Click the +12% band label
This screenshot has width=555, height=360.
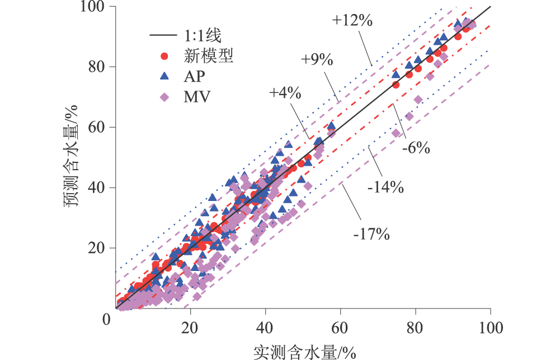click(x=352, y=20)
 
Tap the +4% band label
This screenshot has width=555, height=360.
click(x=285, y=93)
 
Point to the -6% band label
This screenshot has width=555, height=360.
click(x=416, y=148)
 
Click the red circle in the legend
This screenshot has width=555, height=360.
click(x=164, y=56)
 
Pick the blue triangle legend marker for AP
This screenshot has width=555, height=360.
click(x=164, y=76)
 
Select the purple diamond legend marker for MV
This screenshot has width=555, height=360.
click(x=164, y=97)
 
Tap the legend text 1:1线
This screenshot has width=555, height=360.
click(x=203, y=36)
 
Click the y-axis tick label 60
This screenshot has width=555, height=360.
click(x=102, y=128)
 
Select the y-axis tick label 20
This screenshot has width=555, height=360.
click(x=102, y=248)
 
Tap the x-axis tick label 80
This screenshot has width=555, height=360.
click(x=416, y=327)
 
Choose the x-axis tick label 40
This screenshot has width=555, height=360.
click(x=266, y=327)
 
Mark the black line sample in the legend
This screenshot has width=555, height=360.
click(x=164, y=36)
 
